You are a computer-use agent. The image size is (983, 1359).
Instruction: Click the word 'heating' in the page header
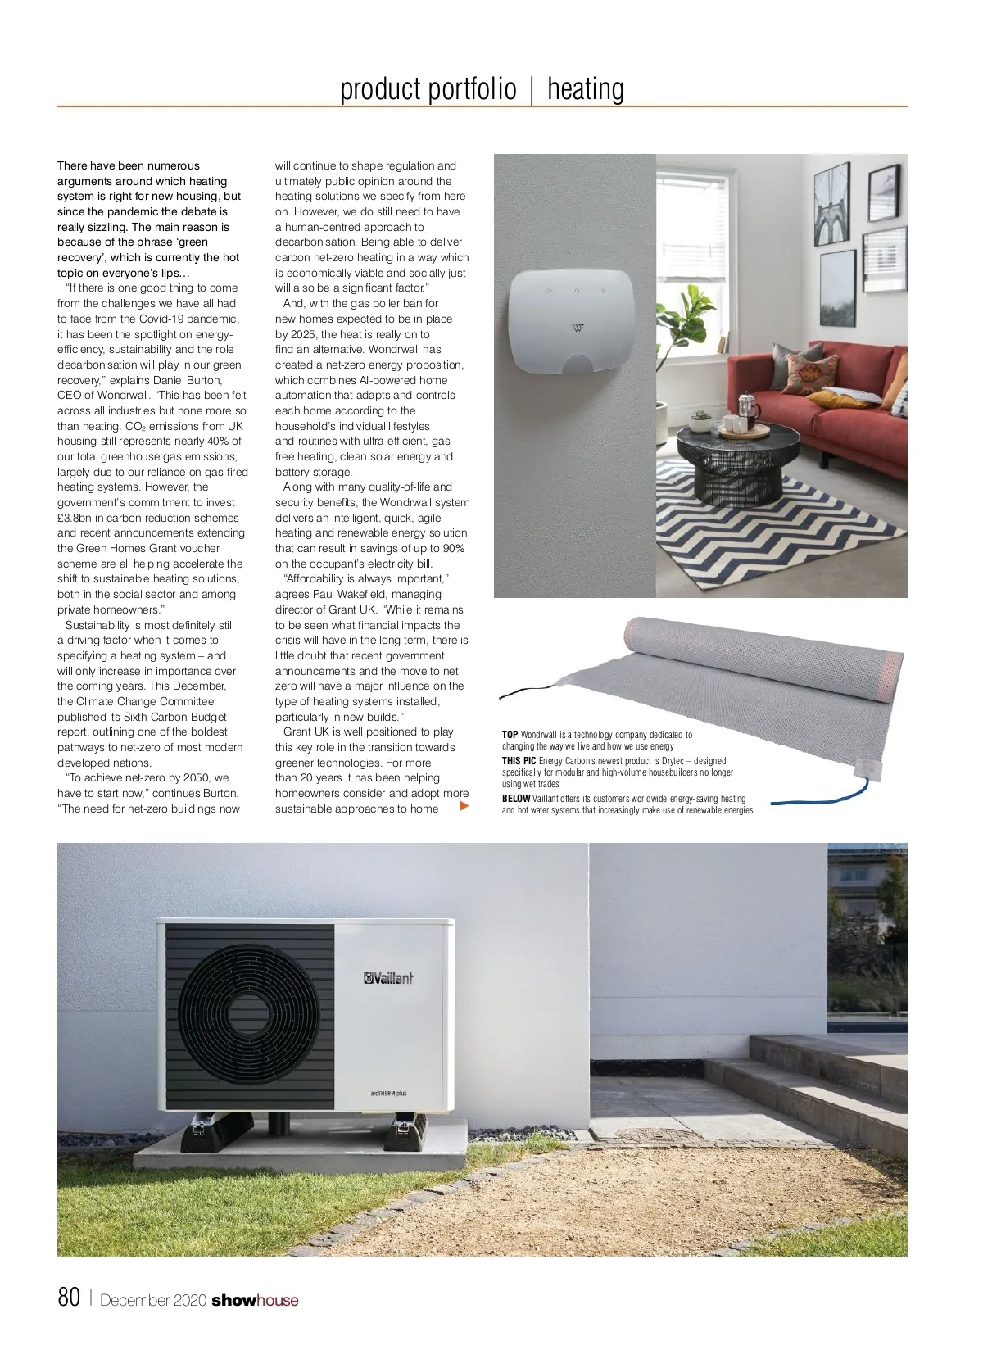[585, 89]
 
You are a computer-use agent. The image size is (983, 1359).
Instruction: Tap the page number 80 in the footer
[69, 1298]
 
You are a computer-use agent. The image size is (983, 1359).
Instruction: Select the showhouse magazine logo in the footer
[255, 1300]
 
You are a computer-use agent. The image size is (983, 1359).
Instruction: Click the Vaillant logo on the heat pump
[388, 977]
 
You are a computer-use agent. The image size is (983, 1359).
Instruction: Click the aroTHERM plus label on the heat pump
[389, 1093]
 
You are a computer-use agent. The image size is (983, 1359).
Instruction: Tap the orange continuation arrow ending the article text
[464, 807]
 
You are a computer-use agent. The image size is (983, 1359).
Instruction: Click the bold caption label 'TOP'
[510, 735]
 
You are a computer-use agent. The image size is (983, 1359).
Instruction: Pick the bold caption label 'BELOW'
[516, 799]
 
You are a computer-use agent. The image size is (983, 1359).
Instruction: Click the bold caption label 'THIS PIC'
[519, 761]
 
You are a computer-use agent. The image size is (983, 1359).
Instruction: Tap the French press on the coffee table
[749, 406]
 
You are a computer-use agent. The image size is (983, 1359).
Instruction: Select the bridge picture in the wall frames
[831, 202]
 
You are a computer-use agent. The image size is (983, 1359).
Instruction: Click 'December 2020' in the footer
[152, 1300]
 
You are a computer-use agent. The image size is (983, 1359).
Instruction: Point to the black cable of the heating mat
[524, 693]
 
